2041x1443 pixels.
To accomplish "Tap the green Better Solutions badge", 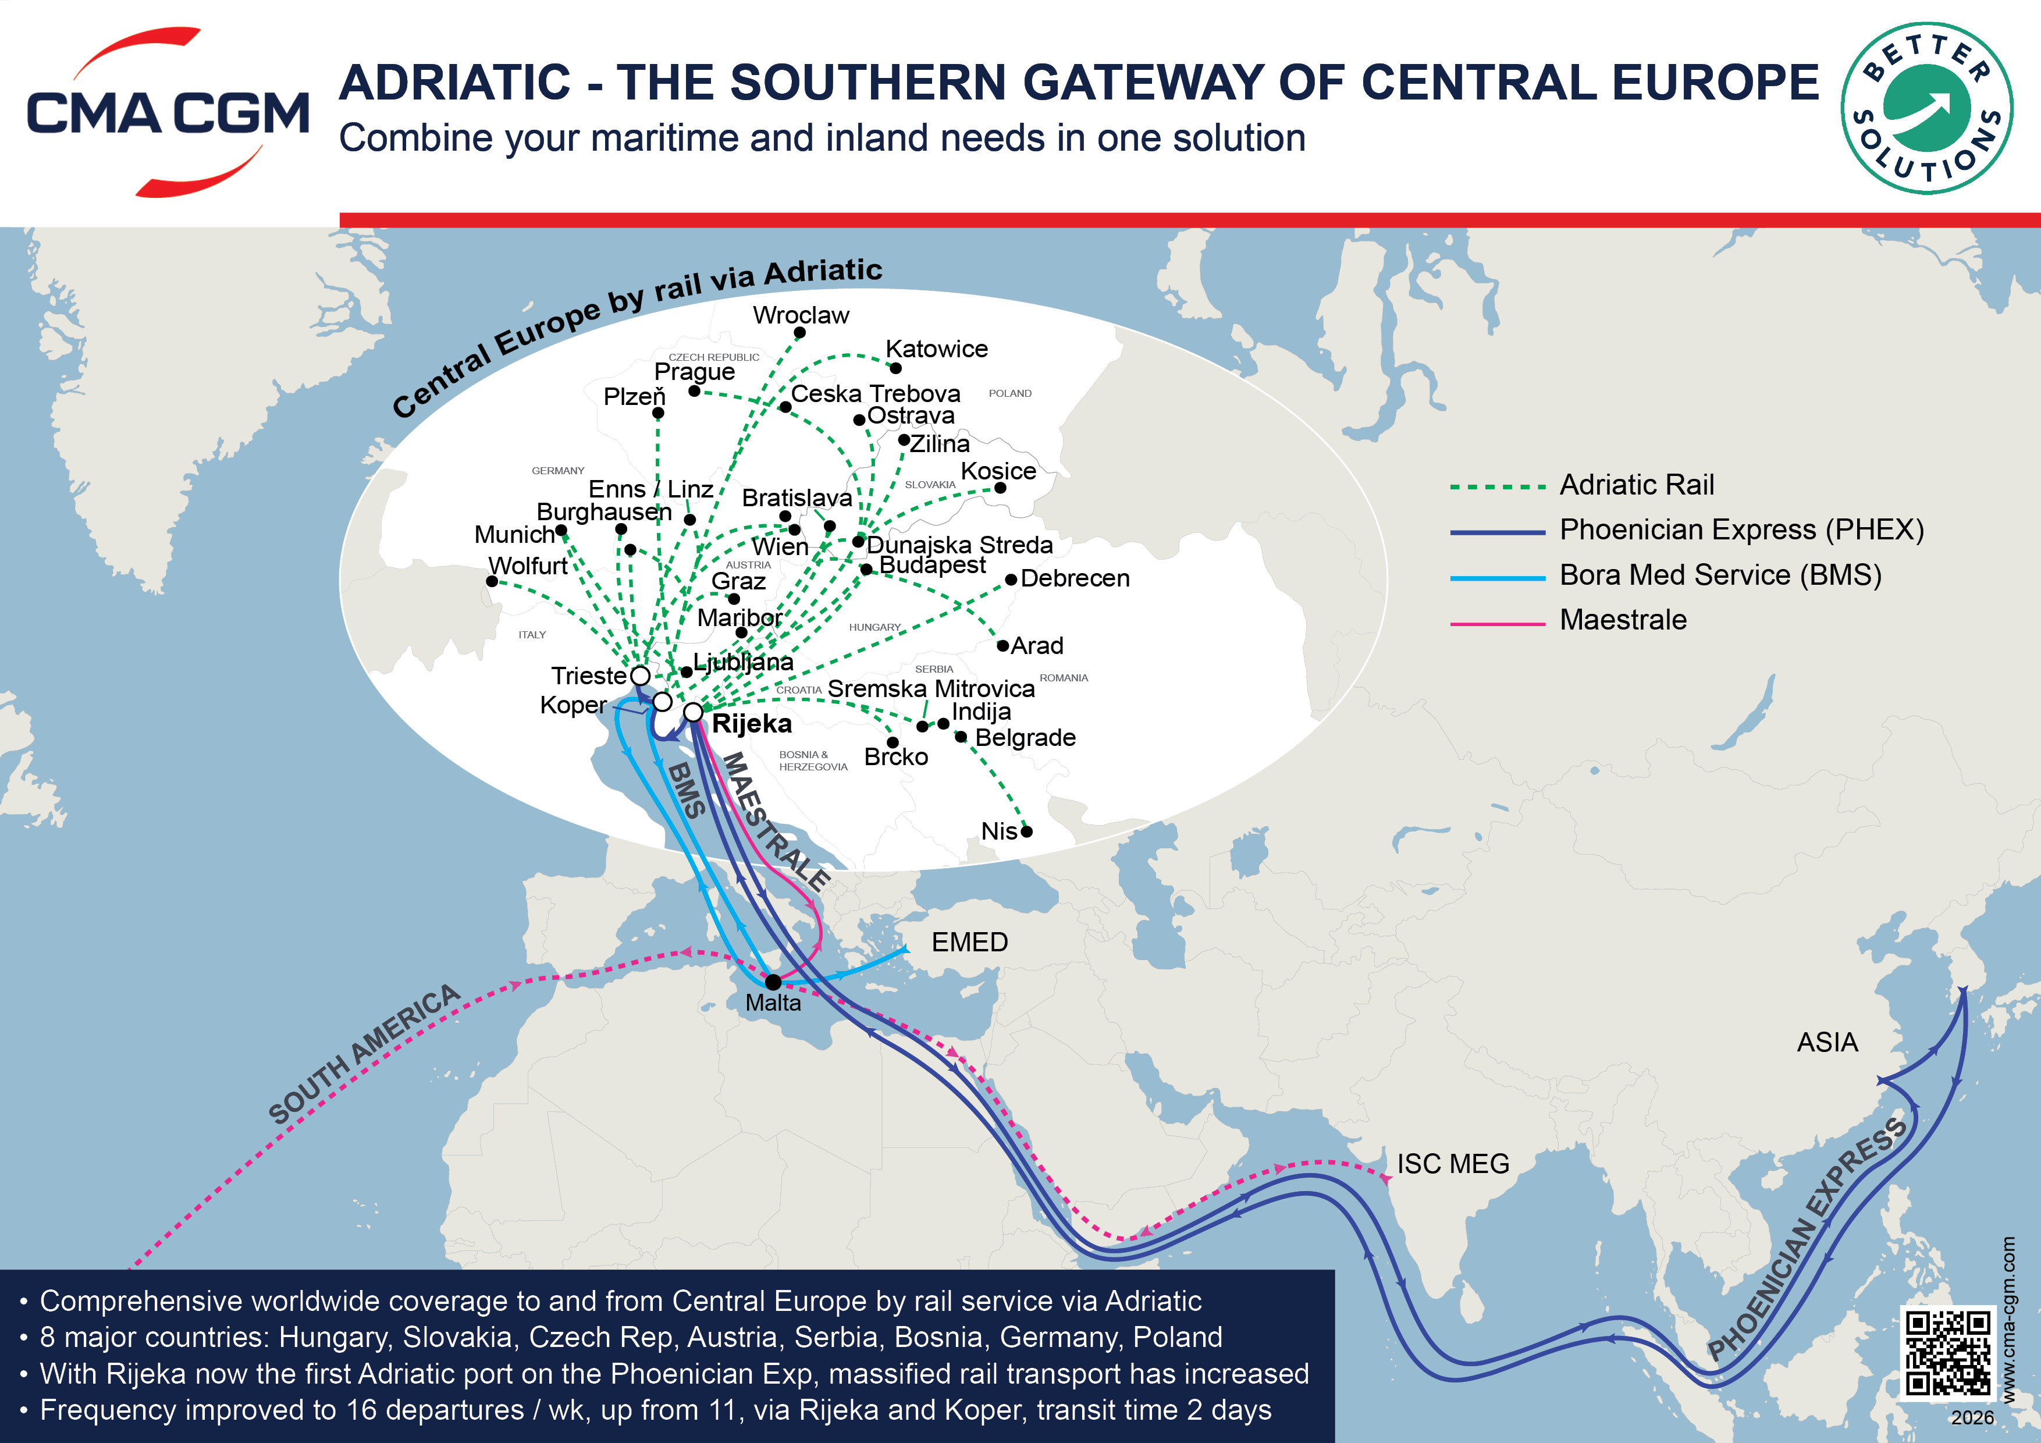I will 1926,108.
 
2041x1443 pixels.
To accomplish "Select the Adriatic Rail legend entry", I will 1635,485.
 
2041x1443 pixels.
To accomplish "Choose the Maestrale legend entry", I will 1622,620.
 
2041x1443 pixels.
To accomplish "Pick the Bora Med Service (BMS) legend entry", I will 1719,575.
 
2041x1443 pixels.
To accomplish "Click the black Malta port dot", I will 773,982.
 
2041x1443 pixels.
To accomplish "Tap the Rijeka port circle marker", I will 694,712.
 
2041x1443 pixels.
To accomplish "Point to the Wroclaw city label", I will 801,315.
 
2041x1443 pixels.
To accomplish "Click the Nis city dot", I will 1027,831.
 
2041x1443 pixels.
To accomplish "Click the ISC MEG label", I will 1453,1164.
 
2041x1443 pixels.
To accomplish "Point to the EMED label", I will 969,943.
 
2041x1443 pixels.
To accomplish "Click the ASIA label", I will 1827,1042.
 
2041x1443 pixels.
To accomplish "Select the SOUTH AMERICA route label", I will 364,1054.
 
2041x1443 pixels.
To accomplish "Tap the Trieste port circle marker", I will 640,676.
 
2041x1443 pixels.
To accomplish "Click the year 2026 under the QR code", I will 1972,1418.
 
